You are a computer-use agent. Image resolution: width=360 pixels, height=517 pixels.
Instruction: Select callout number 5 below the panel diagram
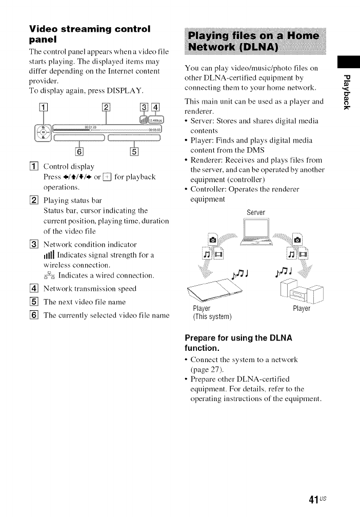134,151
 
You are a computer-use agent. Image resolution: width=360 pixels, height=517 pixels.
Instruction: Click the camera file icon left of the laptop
213,238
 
